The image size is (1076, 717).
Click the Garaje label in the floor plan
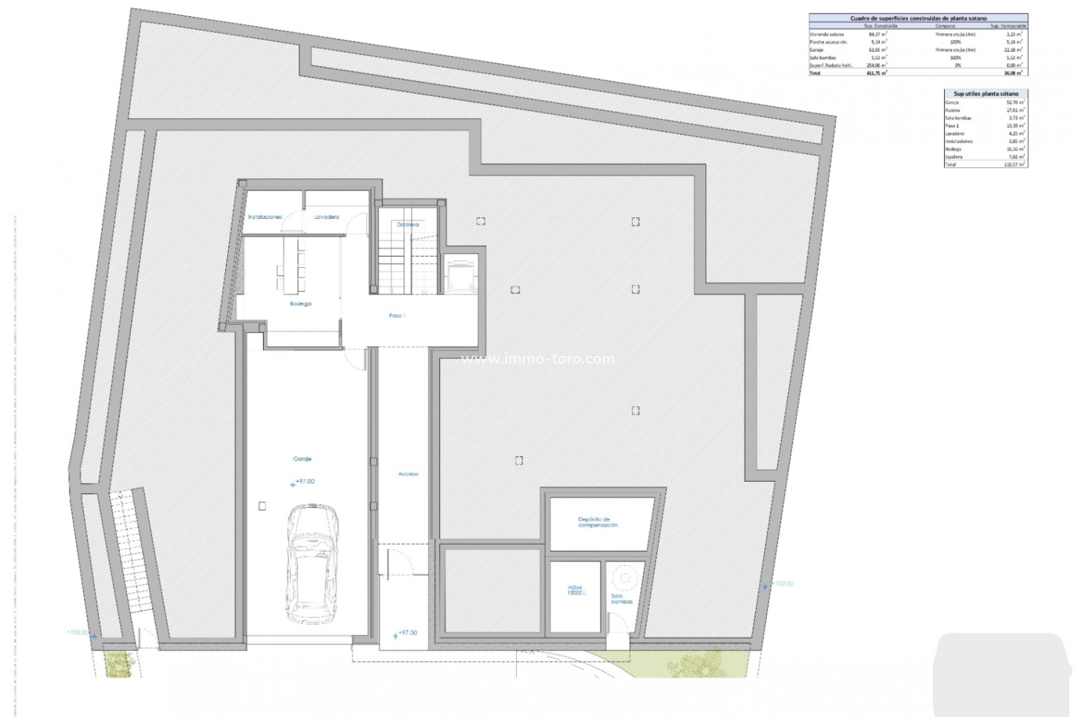[x=302, y=459]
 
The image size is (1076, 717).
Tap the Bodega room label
[x=300, y=304]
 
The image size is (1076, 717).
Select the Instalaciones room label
[x=265, y=217]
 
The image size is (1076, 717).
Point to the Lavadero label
[x=326, y=217]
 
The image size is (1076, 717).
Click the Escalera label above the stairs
[x=407, y=225]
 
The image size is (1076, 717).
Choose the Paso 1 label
[x=397, y=315]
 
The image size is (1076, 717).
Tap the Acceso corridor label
[x=408, y=474]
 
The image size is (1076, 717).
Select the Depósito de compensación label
[x=597, y=522]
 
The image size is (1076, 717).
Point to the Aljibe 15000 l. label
[x=575, y=590]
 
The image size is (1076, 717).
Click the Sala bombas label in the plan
[x=622, y=599]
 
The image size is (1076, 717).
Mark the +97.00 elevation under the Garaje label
[x=304, y=481]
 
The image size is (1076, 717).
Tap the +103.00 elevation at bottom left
[x=78, y=632]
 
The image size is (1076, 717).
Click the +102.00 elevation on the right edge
[x=783, y=584]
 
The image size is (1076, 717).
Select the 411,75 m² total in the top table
[x=877, y=73]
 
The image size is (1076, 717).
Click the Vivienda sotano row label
[x=827, y=35]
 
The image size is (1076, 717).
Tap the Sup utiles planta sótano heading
[x=986, y=94]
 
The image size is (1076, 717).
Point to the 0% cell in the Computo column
[x=958, y=66]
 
